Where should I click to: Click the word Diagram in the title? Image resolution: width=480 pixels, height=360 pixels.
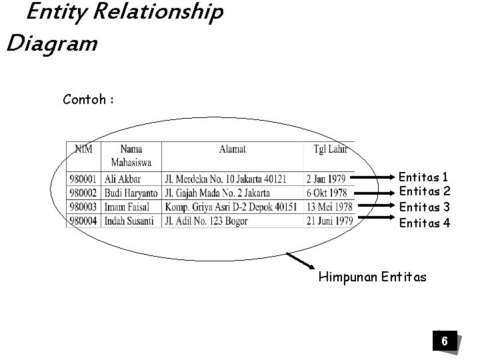[51, 44]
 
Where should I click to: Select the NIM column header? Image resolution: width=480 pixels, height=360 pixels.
[84, 149]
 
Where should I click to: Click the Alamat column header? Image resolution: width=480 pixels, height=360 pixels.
[232, 149]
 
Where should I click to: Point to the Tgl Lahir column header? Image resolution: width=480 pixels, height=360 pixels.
[329, 149]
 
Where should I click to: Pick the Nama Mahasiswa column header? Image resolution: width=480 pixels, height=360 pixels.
[131, 156]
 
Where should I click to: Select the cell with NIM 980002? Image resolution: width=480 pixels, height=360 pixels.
[85, 193]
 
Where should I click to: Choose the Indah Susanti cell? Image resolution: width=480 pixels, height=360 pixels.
[130, 221]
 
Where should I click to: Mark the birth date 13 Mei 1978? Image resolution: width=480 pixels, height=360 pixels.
[329, 207]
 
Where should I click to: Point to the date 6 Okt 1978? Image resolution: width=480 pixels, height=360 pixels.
[327, 193]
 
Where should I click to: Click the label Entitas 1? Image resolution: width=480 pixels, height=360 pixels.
[424, 177]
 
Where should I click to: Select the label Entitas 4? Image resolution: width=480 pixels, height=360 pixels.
[424, 223]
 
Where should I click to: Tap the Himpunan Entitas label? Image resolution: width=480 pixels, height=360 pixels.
[372, 275]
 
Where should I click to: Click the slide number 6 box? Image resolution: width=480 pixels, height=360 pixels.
[444, 342]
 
